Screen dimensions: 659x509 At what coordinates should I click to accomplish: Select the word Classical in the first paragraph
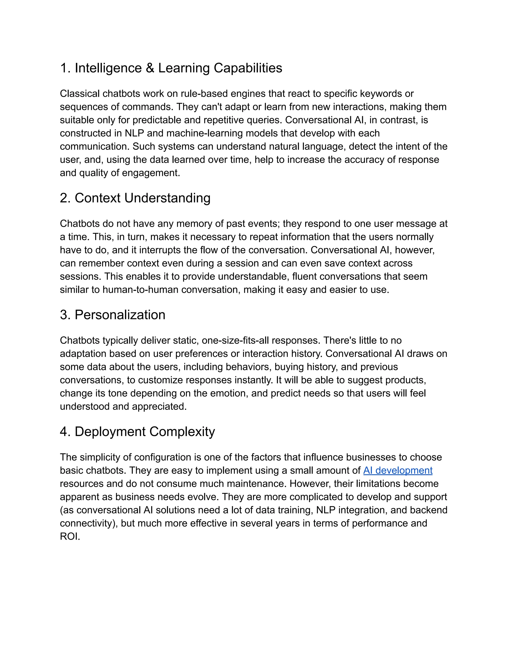coord(80,94)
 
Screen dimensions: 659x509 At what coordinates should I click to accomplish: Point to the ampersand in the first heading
coord(150,68)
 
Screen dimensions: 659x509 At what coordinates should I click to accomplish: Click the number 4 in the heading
coord(63,432)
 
